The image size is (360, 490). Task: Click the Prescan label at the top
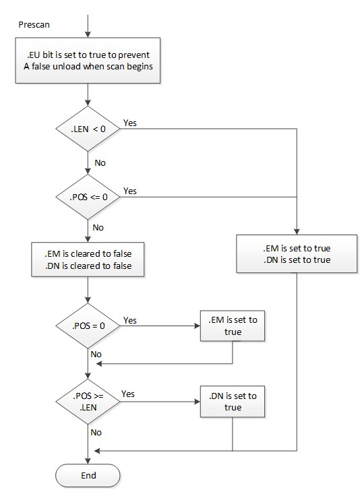coord(34,24)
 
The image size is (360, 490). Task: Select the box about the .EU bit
coord(88,60)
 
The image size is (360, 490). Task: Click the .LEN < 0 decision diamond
coord(88,129)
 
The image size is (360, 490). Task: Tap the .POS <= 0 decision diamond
coord(88,197)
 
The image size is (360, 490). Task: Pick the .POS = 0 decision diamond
coord(88,326)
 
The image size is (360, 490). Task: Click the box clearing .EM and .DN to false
coord(88,259)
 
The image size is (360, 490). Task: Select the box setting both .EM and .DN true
coord(297,253)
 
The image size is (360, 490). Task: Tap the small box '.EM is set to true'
coord(233,326)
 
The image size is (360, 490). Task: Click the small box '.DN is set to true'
coord(233,402)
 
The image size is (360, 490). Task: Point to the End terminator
coord(88,475)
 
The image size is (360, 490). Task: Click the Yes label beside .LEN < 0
coord(130,123)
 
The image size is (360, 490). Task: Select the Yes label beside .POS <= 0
coord(130,191)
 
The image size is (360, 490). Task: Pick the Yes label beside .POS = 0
coord(130,321)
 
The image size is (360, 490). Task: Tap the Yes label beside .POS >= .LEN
coord(128,394)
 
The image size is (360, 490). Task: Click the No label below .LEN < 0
coord(100,162)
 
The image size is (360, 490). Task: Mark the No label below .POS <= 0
coord(98,227)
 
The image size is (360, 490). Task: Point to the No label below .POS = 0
coord(96,354)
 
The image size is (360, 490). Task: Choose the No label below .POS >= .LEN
coord(96,432)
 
